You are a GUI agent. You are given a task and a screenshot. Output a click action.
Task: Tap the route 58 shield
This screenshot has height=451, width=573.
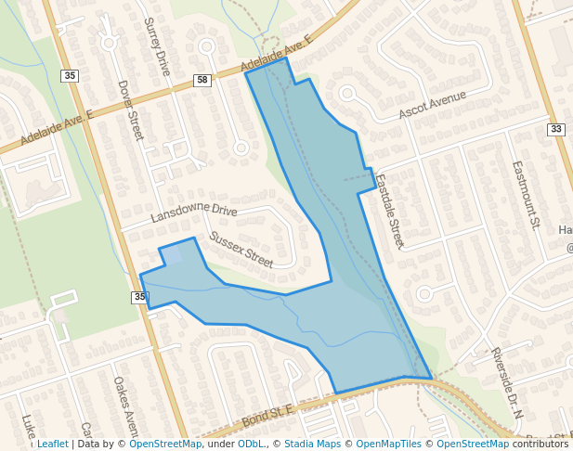(x=202, y=81)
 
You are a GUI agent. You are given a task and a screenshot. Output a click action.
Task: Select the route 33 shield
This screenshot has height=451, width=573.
(x=555, y=129)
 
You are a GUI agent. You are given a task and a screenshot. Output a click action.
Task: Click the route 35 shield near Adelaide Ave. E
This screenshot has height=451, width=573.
(x=71, y=74)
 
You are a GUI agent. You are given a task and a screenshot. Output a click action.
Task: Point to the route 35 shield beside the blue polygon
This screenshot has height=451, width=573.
(x=139, y=297)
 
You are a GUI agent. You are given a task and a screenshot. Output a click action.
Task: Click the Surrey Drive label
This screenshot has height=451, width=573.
(x=157, y=45)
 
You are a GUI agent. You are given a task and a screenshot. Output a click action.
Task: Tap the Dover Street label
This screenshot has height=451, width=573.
(x=130, y=110)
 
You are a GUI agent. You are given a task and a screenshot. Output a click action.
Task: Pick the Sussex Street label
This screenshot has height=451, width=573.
(x=241, y=250)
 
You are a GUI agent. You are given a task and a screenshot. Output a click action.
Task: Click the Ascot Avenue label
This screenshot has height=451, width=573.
(x=432, y=105)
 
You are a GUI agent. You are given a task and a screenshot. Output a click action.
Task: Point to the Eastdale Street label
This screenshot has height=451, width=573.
(x=389, y=212)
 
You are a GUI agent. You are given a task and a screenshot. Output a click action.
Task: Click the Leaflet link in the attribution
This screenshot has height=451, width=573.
(x=52, y=444)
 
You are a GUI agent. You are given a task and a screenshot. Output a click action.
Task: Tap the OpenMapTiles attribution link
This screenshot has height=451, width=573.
(x=389, y=444)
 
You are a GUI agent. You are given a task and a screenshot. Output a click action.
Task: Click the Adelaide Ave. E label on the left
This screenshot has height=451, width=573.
(x=57, y=128)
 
